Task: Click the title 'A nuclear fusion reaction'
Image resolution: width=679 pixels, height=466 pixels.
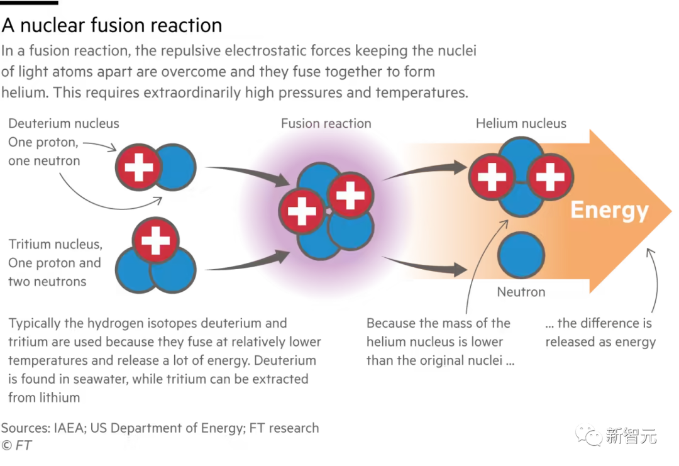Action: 112,25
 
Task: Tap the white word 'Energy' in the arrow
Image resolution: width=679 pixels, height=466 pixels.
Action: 609,211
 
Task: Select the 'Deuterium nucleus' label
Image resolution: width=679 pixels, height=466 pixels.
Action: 63,123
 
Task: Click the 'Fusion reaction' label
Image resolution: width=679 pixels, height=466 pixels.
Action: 326,123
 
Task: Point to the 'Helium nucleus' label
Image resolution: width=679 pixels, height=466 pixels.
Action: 521,123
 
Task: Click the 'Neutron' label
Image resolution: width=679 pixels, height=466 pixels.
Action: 521,292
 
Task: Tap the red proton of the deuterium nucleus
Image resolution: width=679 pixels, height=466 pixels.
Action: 138,167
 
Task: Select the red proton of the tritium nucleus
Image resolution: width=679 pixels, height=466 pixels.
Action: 155,240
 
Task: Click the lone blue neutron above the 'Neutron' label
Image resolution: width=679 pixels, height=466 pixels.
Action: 521,255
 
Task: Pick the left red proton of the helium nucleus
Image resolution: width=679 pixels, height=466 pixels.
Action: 492,177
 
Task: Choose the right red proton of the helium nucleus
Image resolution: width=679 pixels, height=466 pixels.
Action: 550,177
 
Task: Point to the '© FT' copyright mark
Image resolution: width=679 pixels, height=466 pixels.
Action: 16,445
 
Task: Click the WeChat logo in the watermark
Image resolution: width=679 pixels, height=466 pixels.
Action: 588,435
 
